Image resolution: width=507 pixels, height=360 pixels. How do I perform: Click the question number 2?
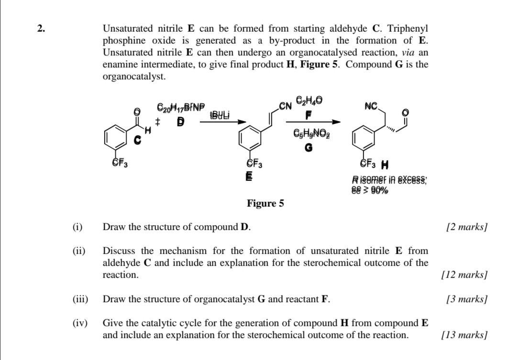tap(42, 29)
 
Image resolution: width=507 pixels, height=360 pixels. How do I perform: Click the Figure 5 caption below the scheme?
tap(265, 204)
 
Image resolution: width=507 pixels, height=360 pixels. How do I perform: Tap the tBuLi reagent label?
tap(220, 115)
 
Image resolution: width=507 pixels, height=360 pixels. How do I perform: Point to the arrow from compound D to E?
tap(223, 121)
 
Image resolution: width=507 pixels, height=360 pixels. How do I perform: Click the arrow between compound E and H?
tap(313, 121)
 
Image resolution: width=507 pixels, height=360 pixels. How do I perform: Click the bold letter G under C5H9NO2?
tap(309, 148)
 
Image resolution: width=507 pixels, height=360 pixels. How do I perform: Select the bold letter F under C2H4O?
tap(309, 115)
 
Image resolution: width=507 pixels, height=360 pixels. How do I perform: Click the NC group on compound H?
tap(372, 106)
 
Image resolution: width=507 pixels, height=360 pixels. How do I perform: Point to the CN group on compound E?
tap(286, 106)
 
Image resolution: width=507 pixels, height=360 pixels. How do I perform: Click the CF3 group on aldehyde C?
tap(119, 164)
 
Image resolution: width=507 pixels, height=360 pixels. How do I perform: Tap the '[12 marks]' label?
tap(464, 275)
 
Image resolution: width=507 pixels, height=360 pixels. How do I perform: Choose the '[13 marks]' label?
tap(464, 335)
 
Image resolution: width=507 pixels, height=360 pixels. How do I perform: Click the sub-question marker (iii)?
tap(80, 299)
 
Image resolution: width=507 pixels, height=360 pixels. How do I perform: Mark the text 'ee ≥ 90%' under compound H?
tap(370, 190)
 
